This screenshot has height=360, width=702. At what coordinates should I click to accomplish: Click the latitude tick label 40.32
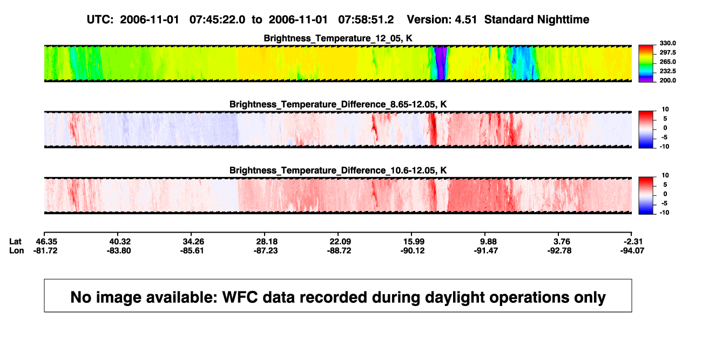click(x=120, y=242)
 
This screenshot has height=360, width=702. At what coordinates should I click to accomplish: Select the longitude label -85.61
click(x=192, y=250)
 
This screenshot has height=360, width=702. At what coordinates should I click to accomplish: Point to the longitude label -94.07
click(x=632, y=250)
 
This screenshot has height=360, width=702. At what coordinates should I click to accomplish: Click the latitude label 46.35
click(x=46, y=242)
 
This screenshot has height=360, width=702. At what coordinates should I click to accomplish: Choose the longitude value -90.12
click(x=412, y=250)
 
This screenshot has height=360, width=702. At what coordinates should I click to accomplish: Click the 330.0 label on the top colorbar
click(x=667, y=43)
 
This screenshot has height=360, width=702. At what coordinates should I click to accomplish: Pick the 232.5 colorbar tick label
click(x=667, y=71)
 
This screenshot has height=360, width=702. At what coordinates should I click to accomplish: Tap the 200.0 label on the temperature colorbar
click(x=667, y=80)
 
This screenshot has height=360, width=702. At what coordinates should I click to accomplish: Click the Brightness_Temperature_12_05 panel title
click(x=338, y=38)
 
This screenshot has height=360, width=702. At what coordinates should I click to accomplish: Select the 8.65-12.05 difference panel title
click(x=338, y=104)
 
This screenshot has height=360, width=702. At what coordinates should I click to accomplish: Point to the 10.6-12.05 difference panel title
click(x=338, y=171)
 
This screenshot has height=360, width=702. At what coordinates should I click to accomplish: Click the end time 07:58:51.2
click(x=366, y=19)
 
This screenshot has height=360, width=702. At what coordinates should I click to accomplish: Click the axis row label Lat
click(x=15, y=242)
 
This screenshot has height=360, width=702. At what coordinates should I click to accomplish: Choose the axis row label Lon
click(x=17, y=250)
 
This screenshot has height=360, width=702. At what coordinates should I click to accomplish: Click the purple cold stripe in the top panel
click(x=441, y=63)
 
